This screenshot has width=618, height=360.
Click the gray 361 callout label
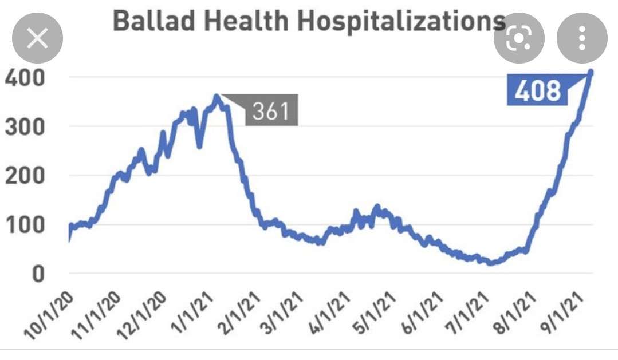(x=271, y=111)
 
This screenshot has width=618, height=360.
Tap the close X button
(x=38, y=39)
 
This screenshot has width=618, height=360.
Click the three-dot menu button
(x=582, y=39)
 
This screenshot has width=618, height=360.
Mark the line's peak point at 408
(x=591, y=72)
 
